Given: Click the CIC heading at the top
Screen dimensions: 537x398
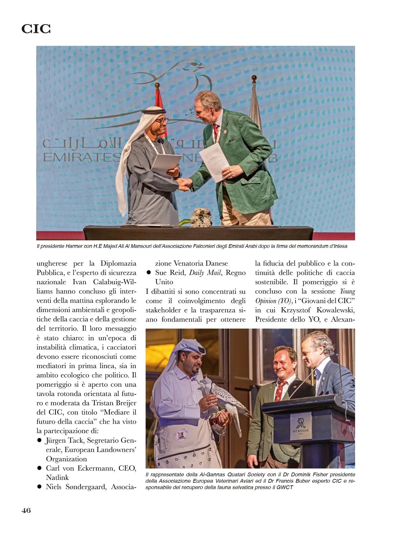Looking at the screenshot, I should [36, 29].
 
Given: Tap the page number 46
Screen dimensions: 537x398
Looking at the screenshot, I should [26, 510].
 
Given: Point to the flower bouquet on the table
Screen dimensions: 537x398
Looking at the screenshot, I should [201, 218].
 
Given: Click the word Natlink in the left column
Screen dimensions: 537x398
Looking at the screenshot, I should [57, 477].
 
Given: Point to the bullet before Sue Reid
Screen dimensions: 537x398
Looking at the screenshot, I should [149, 273].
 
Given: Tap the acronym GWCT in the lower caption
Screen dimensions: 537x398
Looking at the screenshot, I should [285, 487].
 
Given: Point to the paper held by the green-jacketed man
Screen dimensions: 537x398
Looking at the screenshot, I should [214, 161].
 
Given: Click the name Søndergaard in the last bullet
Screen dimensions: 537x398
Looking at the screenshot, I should [87, 487].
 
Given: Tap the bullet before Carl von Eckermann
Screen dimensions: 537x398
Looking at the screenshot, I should [39, 468].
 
